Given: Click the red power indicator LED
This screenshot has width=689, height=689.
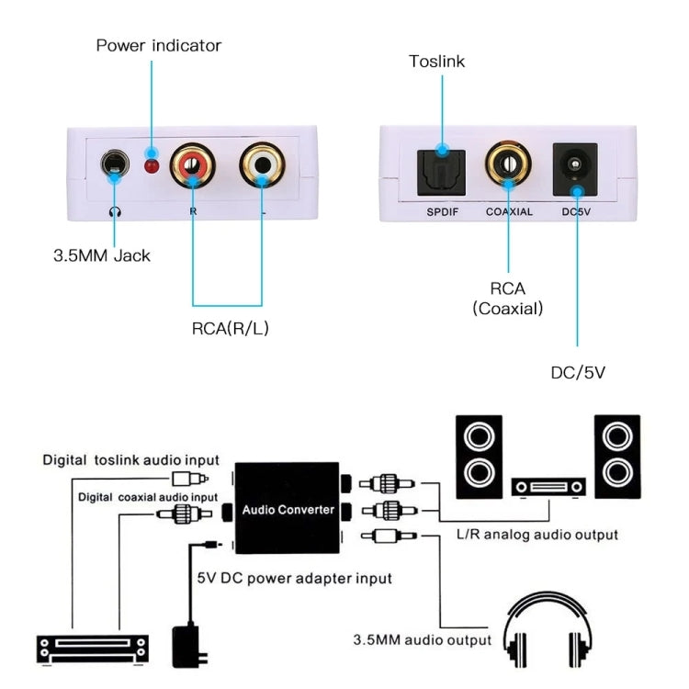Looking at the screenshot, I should click(x=153, y=167).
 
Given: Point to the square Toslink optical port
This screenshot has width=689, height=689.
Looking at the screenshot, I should click(x=442, y=167).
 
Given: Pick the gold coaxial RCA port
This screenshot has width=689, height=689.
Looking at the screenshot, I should click(x=508, y=166).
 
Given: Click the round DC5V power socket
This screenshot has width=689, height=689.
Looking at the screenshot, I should click(x=575, y=167).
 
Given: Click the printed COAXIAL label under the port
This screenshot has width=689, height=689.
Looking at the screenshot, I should click(x=509, y=211).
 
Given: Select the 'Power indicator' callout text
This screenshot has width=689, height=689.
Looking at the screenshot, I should click(x=159, y=45).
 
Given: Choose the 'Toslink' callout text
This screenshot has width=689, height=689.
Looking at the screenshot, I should click(x=437, y=62).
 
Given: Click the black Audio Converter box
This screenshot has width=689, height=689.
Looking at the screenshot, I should click(x=287, y=508).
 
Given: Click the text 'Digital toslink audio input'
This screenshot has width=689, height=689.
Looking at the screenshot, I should click(x=130, y=460).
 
